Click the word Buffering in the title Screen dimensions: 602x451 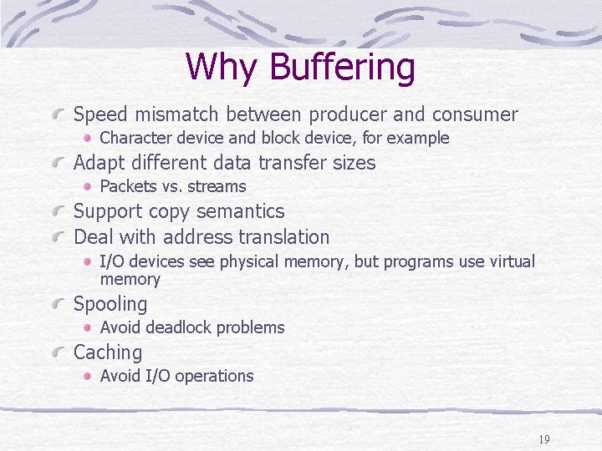coord(342,68)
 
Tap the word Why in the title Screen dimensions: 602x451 coord(221,68)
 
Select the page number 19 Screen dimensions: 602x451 coord(544,439)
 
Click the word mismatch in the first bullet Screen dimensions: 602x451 coord(176,114)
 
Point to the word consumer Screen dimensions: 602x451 coord(475,114)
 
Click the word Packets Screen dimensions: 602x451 coord(128,186)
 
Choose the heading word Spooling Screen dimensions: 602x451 coord(110,305)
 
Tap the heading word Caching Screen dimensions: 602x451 coord(108,352)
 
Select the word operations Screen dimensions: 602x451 coord(214,376)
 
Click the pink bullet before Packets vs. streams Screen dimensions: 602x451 coord(88,186)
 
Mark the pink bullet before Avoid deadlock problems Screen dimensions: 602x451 coord(88,327)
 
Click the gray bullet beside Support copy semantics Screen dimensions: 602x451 coord(58,210)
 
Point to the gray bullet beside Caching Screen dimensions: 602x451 coord(58,352)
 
